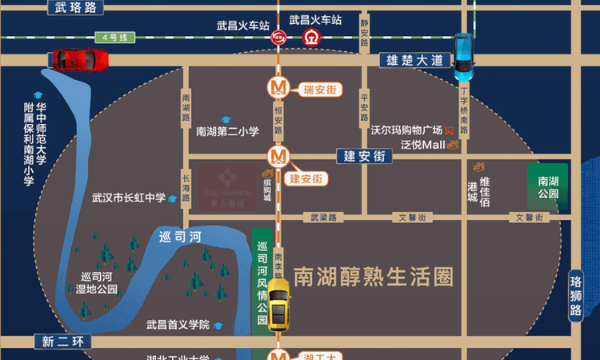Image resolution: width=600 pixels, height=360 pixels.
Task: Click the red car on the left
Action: pos(80,59)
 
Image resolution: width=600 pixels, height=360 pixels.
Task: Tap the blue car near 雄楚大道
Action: pos(464,56)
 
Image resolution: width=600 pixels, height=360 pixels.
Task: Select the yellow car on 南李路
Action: pos(278,305)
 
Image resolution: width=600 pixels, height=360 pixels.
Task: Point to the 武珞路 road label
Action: pos(77,7)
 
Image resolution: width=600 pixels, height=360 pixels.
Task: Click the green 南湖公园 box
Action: pos(548,187)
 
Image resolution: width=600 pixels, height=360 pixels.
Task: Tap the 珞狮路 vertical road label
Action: pos(576,297)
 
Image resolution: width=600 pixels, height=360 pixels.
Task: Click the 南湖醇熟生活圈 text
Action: pos(374,276)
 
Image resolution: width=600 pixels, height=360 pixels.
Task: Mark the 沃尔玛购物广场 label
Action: pos(406,129)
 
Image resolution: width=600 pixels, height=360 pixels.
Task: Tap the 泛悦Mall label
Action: pos(422,144)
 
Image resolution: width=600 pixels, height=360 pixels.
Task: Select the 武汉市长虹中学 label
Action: pos(128,198)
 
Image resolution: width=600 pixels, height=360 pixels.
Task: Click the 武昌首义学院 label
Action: pos(177,325)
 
